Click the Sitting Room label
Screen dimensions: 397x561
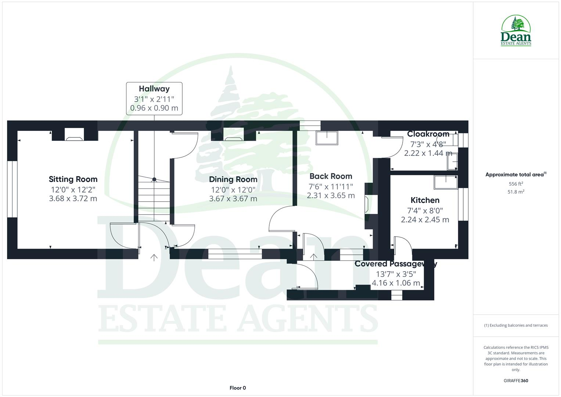tap(73, 179)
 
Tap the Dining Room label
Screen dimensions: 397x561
tap(233, 179)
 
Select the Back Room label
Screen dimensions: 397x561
tap(331, 176)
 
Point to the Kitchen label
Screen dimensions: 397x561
tap(425, 200)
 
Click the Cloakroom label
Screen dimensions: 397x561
tap(428, 134)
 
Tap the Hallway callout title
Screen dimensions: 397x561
tap(154, 89)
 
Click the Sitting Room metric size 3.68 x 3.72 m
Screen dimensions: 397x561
tap(73, 199)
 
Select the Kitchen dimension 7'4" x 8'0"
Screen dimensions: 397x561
tap(425, 211)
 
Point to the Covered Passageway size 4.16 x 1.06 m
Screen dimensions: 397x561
tap(396, 283)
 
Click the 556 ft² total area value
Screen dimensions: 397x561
tap(516, 184)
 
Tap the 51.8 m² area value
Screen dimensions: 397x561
tap(516, 192)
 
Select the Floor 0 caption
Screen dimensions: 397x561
tap(238, 388)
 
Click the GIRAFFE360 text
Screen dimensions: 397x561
tap(516, 381)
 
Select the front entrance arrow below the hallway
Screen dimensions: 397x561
tap(154, 258)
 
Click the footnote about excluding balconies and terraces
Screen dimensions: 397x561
tap(516, 325)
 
